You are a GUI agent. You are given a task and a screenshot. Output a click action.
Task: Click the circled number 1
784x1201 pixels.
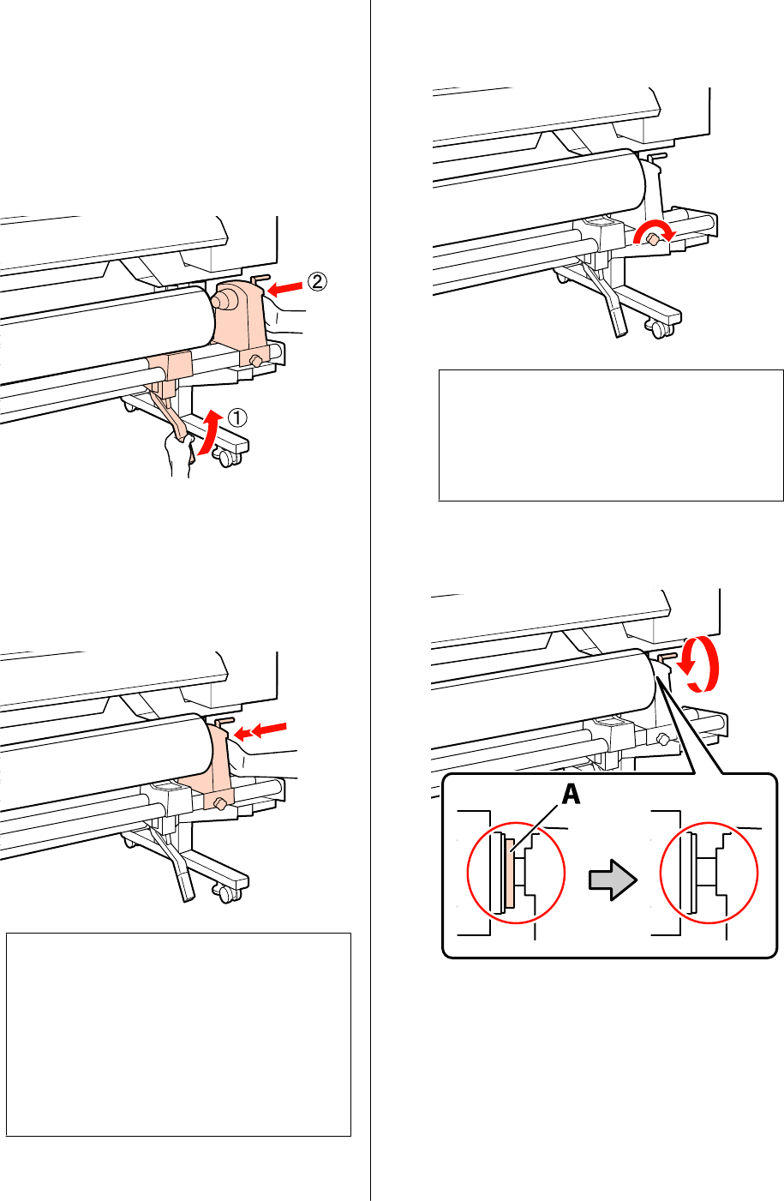click(240, 418)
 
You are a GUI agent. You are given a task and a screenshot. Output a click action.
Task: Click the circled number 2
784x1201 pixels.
click(317, 280)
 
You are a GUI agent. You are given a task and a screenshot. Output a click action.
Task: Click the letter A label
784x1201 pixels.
click(570, 795)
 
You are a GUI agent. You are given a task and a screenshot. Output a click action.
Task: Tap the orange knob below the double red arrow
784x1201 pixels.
click(221, 803)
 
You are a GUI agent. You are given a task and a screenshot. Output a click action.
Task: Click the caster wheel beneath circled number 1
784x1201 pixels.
click(228, 458)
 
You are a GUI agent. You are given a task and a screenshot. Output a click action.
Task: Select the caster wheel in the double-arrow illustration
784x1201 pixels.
click(226, 893)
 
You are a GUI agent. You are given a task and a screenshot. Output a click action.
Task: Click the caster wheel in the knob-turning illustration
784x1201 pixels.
click(658, 327)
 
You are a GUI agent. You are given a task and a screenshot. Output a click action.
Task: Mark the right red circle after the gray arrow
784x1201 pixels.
click(709, 877)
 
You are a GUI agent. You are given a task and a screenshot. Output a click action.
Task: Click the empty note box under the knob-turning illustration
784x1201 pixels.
click(611, 435)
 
